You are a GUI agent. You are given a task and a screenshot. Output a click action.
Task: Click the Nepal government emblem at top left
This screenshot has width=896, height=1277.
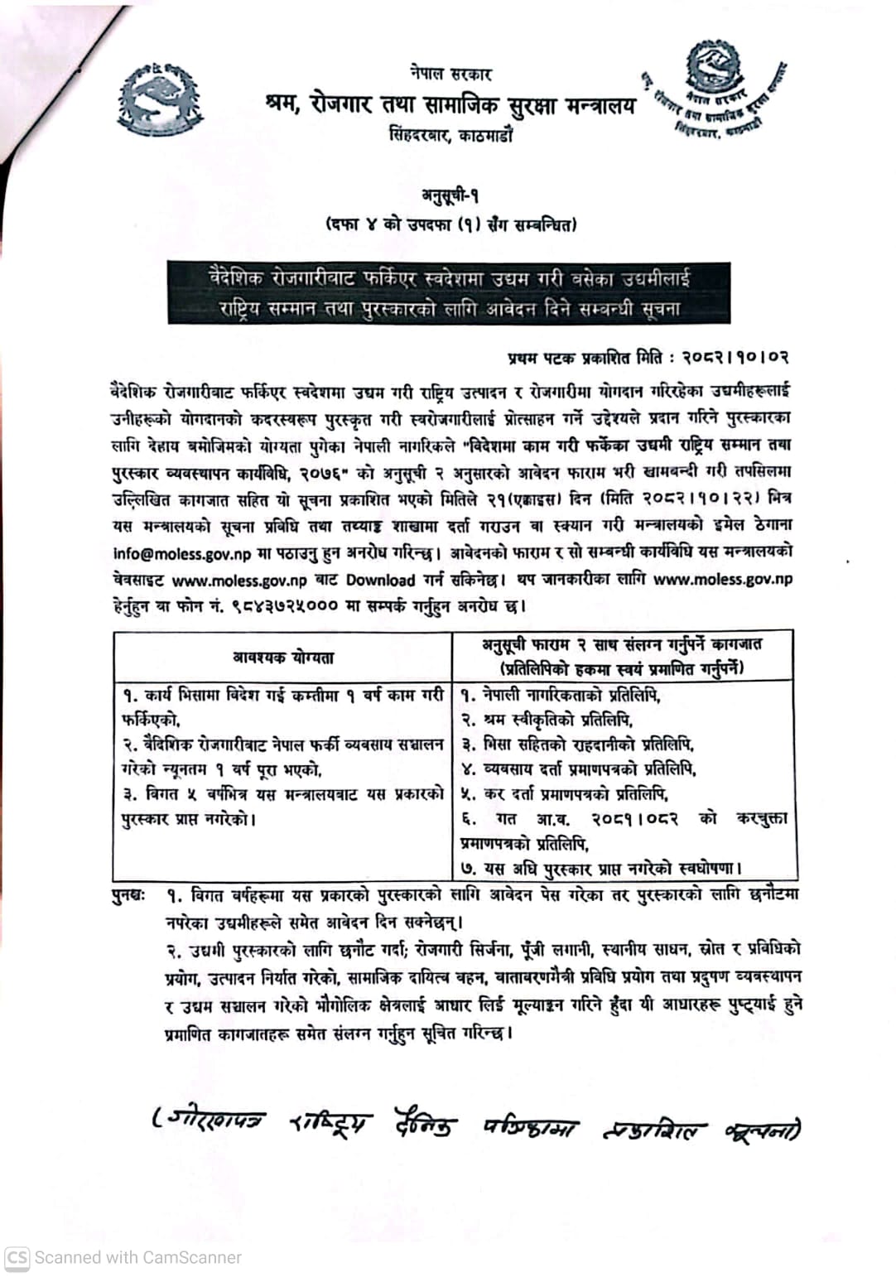160,98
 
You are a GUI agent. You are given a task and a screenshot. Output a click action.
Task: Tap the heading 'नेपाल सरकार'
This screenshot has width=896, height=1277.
450,74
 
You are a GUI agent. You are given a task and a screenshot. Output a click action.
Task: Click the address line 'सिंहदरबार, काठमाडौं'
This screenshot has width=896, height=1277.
450,134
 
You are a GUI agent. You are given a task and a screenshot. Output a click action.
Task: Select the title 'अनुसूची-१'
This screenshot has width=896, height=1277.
450,195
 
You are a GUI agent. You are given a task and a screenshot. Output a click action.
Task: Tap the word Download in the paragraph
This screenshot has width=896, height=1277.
379,580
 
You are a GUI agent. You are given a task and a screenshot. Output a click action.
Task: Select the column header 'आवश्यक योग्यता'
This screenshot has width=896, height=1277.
283,658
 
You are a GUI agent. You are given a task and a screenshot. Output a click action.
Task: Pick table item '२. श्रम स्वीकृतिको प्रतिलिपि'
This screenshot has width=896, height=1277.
547,719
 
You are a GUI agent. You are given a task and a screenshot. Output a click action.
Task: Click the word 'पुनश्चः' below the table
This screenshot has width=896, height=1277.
129,895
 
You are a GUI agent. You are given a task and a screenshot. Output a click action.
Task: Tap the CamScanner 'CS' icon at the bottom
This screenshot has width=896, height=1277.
17,1257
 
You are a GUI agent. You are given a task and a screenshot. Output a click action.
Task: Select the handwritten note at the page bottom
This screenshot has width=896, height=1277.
476,1125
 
